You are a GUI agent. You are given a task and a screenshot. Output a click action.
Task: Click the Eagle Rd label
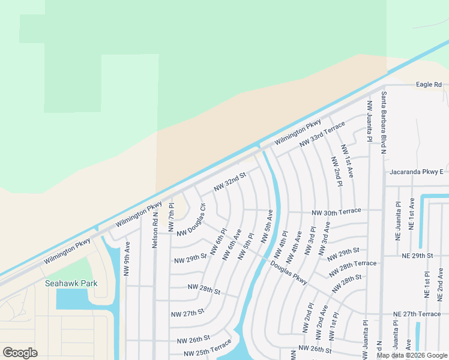click(x=429, y=85)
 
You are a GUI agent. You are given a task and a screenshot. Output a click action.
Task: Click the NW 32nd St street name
click(x=229, y=183)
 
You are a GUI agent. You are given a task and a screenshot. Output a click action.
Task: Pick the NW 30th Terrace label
click(x=336, y=211)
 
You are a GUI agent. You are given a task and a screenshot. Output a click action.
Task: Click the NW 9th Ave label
click(x=127, y=258)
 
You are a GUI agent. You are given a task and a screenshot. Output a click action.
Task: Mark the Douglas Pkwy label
click(x=288, y=272)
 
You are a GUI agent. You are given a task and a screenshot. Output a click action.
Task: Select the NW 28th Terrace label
click(x=353, y=264)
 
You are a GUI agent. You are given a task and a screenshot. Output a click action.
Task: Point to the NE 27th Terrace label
click(x=417, y=314)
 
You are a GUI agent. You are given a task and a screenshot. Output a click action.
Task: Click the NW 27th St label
click(x=187, y=313)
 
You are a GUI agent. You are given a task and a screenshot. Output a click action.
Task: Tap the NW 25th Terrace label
click(x=203, y=348)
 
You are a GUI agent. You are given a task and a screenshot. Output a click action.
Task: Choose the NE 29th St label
click(x=417, y=256)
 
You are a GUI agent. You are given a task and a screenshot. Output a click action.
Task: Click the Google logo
click(x=20, y=353)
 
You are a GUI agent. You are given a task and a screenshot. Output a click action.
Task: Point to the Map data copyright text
click(x=412, y=355)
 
